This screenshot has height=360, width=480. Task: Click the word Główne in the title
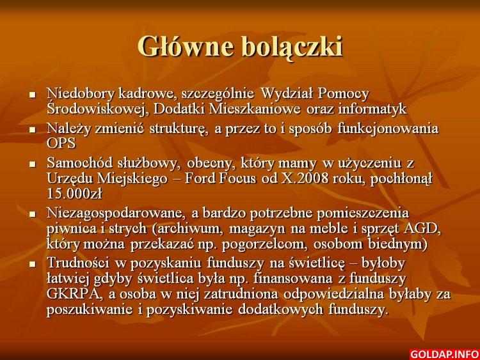tap(185, 47)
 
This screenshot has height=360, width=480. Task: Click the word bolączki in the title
tap(292, 47)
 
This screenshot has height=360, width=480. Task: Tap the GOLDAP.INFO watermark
tap(444, 354)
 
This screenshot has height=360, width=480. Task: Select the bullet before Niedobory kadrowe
tap(33, 95)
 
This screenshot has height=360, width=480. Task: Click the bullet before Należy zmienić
tap(33, 130)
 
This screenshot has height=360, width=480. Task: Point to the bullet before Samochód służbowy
tap(33, 164)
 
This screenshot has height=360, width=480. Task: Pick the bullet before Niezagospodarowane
tap(33, 214)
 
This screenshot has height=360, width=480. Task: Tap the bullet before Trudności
tap(33, 264)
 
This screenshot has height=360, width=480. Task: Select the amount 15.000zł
tap(74, 194)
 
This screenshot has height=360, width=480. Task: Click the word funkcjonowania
tap(388, 129)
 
